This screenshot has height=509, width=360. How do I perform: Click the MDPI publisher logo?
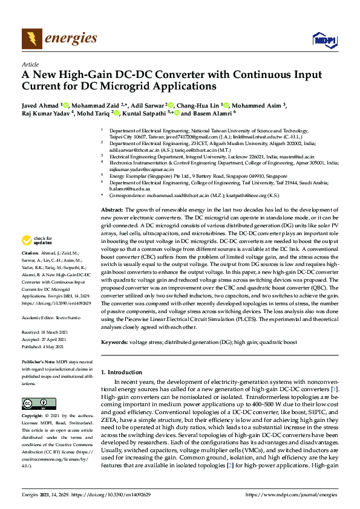tap(324, 40)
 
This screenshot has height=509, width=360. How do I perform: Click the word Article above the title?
tap(30, 64)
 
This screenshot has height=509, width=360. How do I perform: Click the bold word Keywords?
tap(114, 342)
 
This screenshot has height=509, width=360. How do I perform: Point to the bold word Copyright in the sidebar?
tap(33, 417)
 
